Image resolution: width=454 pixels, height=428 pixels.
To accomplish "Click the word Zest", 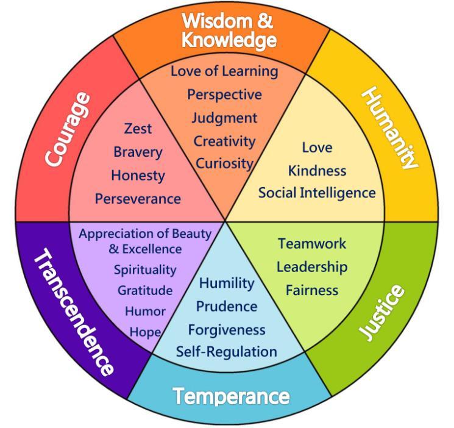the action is (138, 129).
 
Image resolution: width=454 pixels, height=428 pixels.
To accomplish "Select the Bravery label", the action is (138, 152).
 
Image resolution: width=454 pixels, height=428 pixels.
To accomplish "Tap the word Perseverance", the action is (138, 199).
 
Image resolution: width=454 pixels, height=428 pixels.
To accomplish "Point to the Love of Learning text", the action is (224, 71).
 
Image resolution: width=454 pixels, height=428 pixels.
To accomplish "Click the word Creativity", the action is (224, 141).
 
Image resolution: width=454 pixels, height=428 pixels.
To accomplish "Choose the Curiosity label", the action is (224, 163).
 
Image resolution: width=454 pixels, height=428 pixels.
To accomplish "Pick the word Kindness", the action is (317, 170).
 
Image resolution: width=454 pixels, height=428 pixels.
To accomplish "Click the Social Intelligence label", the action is (317, 193).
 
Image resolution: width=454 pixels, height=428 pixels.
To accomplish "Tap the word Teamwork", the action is (312, 243).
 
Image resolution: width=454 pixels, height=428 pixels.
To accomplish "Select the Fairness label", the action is (312, 290).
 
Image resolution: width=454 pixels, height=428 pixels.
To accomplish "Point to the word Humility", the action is (227, 283).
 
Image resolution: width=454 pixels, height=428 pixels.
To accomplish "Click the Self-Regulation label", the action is (227, 352).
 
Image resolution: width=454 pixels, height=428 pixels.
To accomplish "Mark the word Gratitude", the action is (145, 291).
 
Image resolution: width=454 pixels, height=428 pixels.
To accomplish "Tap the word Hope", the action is (145, 332).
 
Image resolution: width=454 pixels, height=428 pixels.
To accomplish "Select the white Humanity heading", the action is (390, 128).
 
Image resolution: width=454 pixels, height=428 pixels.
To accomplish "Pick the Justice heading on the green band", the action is (381, 312).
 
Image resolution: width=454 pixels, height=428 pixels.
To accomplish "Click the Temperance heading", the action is (231, 397).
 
